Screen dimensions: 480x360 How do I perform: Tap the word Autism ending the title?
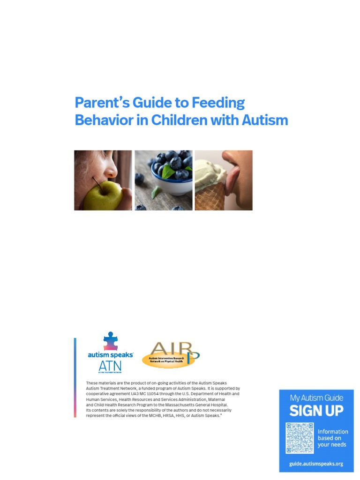click(265, 120)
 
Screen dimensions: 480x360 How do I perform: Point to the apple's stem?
click(97, 182)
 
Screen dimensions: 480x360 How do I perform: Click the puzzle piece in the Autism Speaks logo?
click(111, 341)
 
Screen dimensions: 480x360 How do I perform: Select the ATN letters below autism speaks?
click(110, 366)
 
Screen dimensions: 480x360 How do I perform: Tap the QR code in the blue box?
click(300, 438)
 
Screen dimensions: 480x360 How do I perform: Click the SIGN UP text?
click(316, 411)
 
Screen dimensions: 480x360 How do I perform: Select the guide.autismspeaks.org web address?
click(316, 464)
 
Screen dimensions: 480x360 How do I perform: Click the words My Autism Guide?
click(316, 397)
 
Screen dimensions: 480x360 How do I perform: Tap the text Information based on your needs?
click(332, 438)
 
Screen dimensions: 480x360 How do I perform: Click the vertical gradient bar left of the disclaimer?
click(75, 377)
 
